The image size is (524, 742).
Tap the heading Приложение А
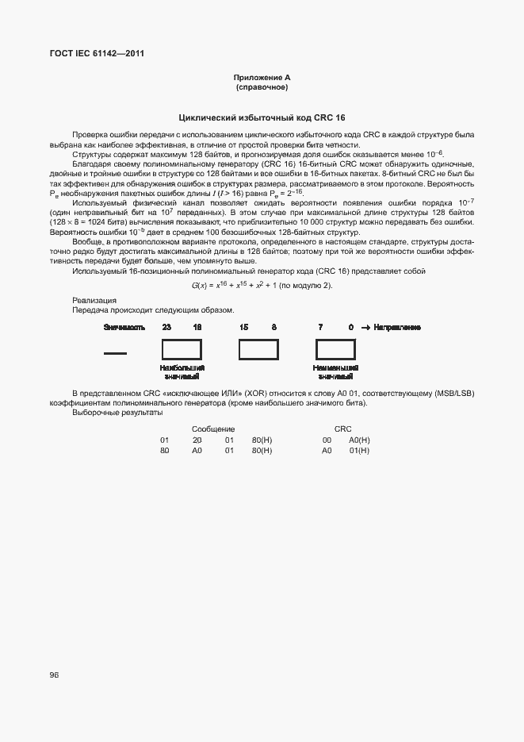pyautogui.click(x=262, y=77)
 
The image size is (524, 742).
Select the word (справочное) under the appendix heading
pyautogui.click(x=262, y=87)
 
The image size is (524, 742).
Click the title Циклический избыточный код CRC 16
pyautogui.click(x=262, y=117)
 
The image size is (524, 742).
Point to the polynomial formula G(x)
pyautogui.click(x=262, y=286)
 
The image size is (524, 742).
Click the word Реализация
pyautogui.click(x=94, y=300)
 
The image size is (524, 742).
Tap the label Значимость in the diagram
pyautogui.click(x=124, y=328)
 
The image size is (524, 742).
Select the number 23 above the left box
pyautogui.click(x=166, y=328)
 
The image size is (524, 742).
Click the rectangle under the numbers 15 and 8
pyautogui.click(x=258, y=350)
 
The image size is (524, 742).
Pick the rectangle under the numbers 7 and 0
pyautogui.click(x=335, y=350)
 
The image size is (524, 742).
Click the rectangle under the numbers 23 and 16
pyautogui.click(x=182, y=350)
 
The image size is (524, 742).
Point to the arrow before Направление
pyautogui.click(x=365, y=328)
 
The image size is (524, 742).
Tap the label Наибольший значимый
pyautogui.click(x=182, y=372)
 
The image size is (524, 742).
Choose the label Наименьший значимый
pyautogui.click(x=335, y=372)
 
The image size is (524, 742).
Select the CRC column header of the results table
pyautogui.click(x=342, y=429)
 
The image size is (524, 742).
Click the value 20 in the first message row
pyautogui.click(x=197, y=440)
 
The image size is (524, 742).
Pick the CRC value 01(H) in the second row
pyautogui.click(x=359, y=450)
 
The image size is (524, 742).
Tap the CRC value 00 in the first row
pyautogui.click(x=326, y=440)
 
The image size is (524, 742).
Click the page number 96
pyautogui.click(x=55, y=675)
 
